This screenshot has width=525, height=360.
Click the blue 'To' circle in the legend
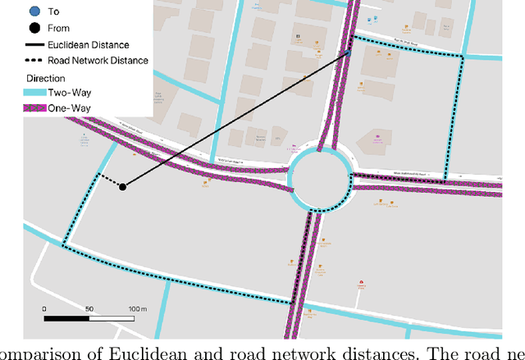32,12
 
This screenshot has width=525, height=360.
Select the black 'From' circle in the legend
32,29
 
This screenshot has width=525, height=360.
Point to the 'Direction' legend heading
45,79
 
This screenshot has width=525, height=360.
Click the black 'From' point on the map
122,187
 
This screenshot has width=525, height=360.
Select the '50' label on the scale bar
89,308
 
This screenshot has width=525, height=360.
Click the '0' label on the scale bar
45,308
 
